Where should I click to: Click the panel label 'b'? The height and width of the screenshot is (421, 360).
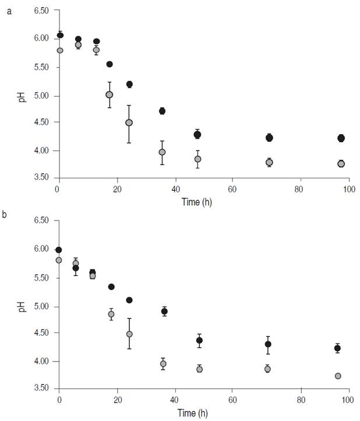tap(5, 215)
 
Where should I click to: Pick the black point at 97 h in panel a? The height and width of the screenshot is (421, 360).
tap(341, 138)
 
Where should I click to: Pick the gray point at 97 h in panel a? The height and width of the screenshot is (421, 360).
tap(341, 164)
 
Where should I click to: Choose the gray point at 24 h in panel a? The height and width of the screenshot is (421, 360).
tap(129, 123)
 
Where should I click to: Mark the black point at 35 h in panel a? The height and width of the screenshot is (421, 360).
tap(162, 111)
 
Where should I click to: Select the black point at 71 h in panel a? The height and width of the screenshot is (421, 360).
tap(269, 138)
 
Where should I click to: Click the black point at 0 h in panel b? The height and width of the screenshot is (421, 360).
tap(58, 250)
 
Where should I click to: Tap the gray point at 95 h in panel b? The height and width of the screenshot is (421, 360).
tap(338, 376)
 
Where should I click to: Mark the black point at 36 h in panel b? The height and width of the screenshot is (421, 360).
tap(164, 311)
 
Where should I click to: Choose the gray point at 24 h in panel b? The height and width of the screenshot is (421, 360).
tap(129, 334)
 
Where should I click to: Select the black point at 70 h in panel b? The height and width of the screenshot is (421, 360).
tap(268, 344)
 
